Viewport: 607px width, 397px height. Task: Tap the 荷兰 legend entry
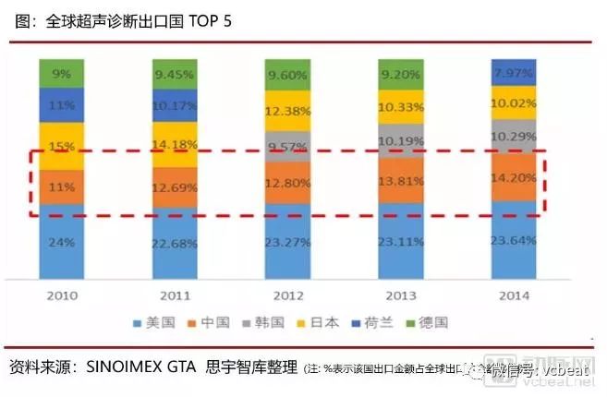(376, 323)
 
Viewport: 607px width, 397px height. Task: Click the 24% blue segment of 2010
(63, 244)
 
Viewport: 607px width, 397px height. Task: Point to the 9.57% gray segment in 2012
(288, 146)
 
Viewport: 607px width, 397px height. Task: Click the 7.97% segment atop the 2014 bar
(514, 72)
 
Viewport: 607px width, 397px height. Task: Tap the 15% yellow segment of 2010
(63, 147)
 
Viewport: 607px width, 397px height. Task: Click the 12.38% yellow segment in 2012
(288, 112)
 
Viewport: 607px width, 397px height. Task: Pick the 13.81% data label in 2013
(401, 181)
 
